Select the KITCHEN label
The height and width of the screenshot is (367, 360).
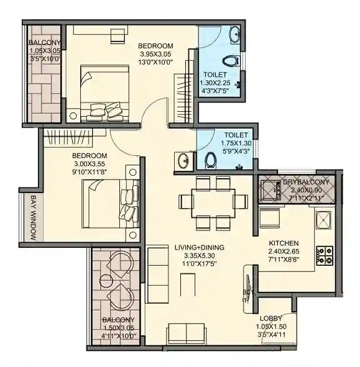pos(284,243)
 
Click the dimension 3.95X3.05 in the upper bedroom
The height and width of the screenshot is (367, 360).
pos(155,55)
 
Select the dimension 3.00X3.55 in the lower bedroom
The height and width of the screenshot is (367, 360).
pos(90,164)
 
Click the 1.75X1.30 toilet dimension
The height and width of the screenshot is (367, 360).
pos(236,142)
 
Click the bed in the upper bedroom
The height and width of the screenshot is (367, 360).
pos(103,93)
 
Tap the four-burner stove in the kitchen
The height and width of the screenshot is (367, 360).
pos(324,253)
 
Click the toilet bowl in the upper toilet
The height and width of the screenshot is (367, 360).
pos(230,61)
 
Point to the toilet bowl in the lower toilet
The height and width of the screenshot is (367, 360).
pos(210,161)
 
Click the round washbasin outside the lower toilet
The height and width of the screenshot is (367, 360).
pos(183,161)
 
